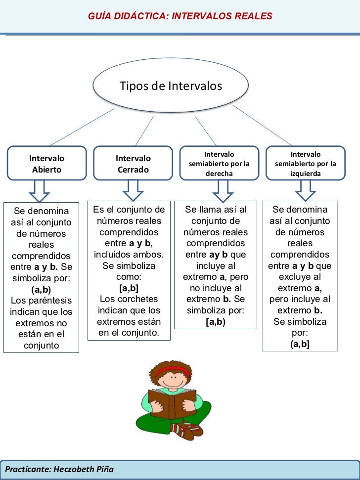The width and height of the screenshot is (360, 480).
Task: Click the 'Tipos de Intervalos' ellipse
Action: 171,87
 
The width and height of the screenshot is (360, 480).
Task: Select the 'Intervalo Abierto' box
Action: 46,164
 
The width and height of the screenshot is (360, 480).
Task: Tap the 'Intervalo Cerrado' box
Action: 133,164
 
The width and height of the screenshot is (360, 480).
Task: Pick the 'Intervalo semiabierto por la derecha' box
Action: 219,164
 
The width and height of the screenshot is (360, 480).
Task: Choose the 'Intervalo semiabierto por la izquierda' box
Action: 305,164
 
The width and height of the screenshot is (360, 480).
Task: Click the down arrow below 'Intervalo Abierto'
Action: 39,188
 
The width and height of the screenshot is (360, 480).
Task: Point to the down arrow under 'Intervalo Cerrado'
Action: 133,187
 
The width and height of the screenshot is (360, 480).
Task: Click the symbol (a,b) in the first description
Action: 41,289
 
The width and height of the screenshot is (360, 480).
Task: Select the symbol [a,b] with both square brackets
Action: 129,288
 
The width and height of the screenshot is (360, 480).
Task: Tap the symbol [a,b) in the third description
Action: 215,322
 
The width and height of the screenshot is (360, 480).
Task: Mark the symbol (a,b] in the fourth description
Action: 300,344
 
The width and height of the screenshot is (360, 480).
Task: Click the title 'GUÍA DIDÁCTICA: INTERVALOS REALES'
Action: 180,16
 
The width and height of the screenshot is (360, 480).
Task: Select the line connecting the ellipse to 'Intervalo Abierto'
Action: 82,127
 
